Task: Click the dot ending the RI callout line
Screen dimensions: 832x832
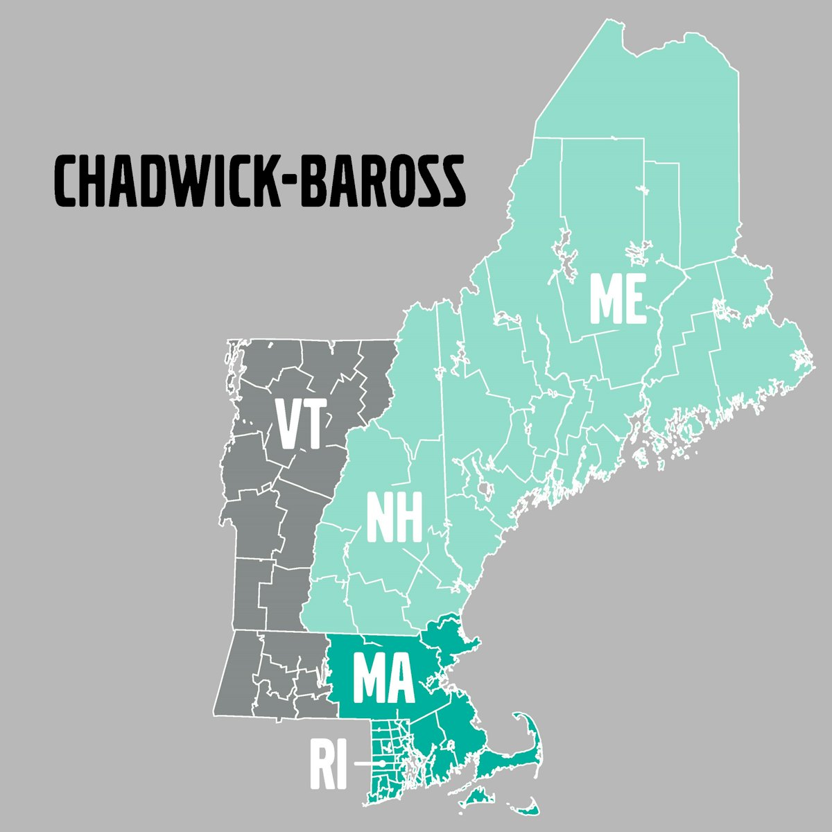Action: point(382,763)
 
